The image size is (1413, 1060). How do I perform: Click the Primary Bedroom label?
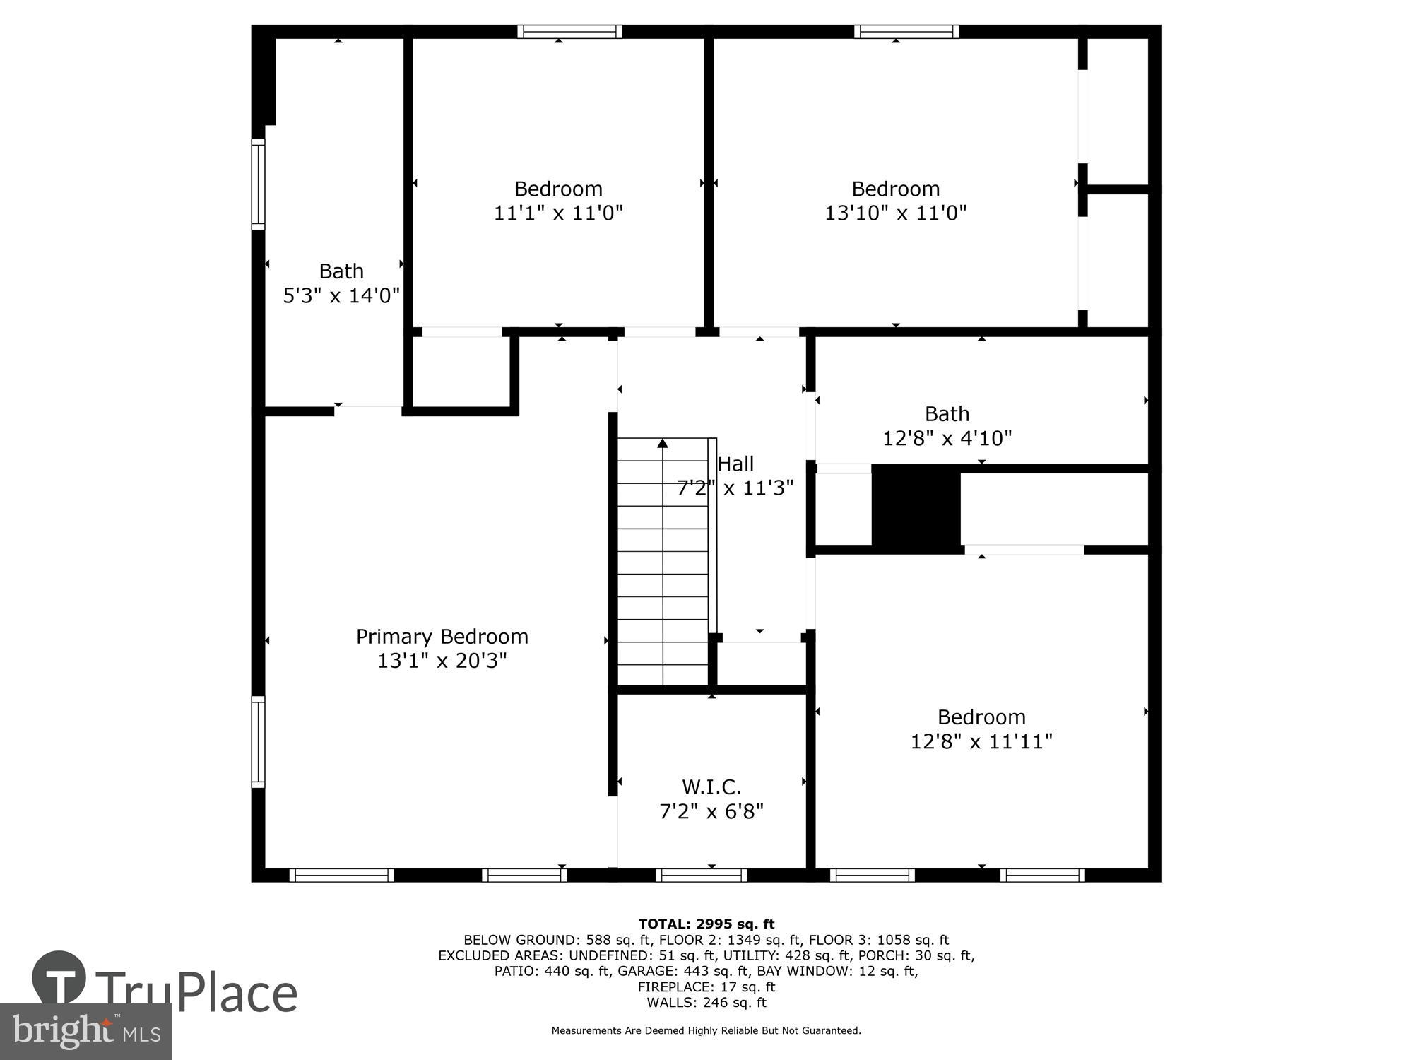[x=442, y=637]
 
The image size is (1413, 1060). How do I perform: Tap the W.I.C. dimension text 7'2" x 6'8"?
[x=711, y=811]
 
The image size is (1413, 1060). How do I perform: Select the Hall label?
[x=735, y=464]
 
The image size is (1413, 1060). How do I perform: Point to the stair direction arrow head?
[x=662, y=444]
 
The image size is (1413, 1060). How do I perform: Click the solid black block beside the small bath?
[x=916, y=508]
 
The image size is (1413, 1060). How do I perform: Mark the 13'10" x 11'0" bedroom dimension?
[x=895, y=213]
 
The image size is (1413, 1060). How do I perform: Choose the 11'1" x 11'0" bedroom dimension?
[x=558, y=213]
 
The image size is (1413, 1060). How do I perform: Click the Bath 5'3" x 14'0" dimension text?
[x=341, y=295]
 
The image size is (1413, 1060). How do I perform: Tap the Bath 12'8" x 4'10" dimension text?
[x=947, y=438]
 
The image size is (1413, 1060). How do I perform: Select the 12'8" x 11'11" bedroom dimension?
[x=981, y=741]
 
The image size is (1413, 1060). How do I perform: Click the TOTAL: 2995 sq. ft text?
[x=706, y=924]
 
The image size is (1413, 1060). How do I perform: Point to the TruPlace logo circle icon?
[x=59, y=979]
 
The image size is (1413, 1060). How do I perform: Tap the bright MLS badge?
[x=85, y=1031]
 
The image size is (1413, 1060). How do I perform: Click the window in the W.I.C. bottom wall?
[x=701, y=875]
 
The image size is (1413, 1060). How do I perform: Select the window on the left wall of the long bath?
[x=259, y=184]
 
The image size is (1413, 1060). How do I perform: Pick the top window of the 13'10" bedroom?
[x=906, y=32]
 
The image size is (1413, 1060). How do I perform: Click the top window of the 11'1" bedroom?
[x=569, y=32]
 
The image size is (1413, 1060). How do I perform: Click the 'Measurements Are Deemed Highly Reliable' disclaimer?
[x=706, y=1030]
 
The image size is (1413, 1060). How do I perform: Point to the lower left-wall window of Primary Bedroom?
[x=259, y=741]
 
